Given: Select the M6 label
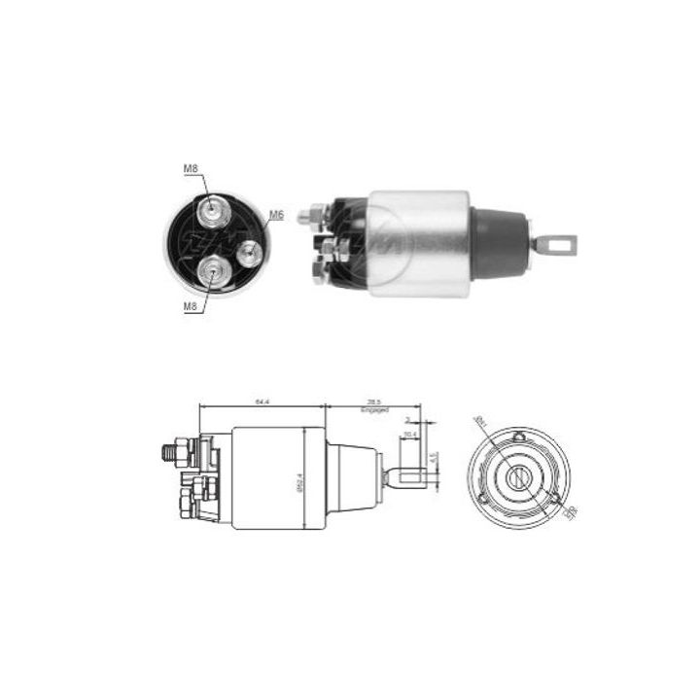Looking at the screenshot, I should point(276,215).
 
